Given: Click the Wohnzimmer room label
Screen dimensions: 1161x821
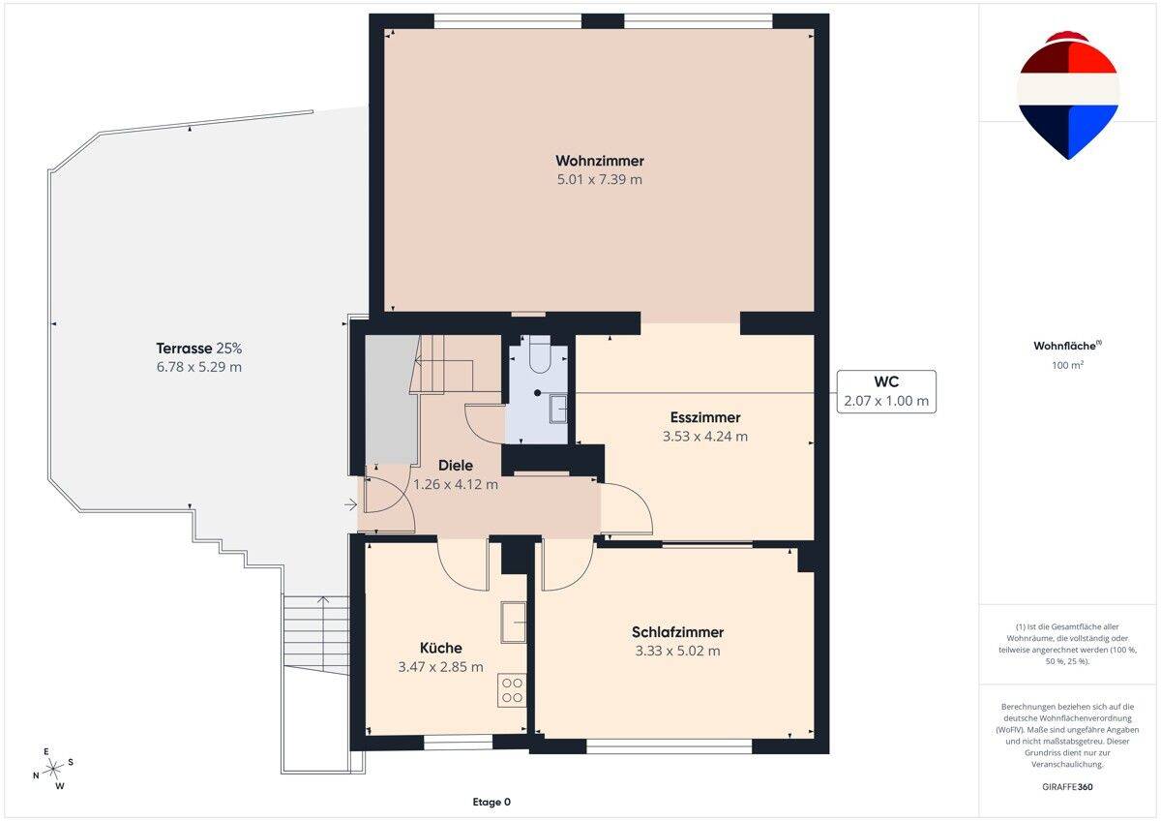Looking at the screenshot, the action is (600, 161).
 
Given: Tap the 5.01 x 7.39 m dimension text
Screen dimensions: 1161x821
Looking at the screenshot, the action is (600, 179).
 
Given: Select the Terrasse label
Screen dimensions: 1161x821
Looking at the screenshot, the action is (184, 348).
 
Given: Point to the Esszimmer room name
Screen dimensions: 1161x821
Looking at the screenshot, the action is (705, 417).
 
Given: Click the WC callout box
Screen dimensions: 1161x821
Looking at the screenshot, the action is (886, 391).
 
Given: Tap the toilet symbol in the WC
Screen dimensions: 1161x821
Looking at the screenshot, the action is (540, 354).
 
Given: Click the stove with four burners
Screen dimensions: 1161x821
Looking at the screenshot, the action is (512, 690).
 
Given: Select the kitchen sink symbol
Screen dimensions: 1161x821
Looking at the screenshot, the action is (513, 623).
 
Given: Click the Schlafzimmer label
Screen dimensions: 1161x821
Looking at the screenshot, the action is (677, 632).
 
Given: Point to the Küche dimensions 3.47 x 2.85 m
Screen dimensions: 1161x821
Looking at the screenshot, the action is (440, 667).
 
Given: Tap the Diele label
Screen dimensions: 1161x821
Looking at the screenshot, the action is (456, 466).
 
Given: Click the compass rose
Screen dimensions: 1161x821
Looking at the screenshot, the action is (53, 768).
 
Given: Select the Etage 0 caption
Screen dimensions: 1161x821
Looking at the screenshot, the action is (491, 802).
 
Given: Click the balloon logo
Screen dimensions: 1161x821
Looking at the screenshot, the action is (1068, 96).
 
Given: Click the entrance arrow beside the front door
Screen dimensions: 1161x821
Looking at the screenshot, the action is (351, 504).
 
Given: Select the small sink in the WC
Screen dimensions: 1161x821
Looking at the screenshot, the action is (558, 410).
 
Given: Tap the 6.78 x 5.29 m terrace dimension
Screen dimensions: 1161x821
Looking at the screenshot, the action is (199, 367).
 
